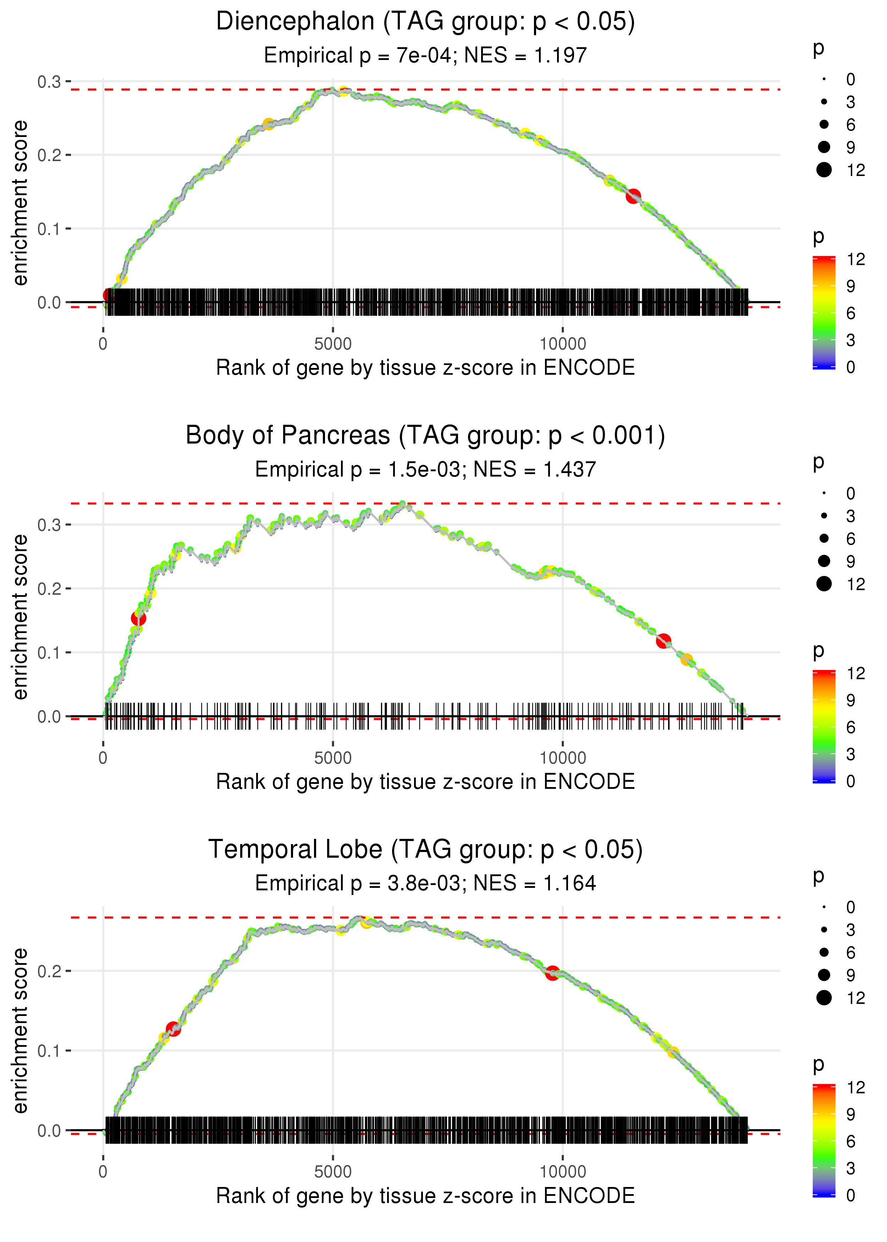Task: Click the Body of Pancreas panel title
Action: (425, 436)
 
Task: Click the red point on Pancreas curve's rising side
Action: (138, 618)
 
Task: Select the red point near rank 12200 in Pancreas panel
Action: (663, 641)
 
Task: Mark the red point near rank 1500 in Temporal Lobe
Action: (173, 1029)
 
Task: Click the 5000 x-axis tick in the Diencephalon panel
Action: (333, 344)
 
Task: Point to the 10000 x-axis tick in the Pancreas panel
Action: (563, 758)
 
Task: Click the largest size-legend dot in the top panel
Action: (823, 170)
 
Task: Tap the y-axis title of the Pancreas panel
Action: (20, 617)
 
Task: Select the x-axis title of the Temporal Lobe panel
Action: (425, 1196)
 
